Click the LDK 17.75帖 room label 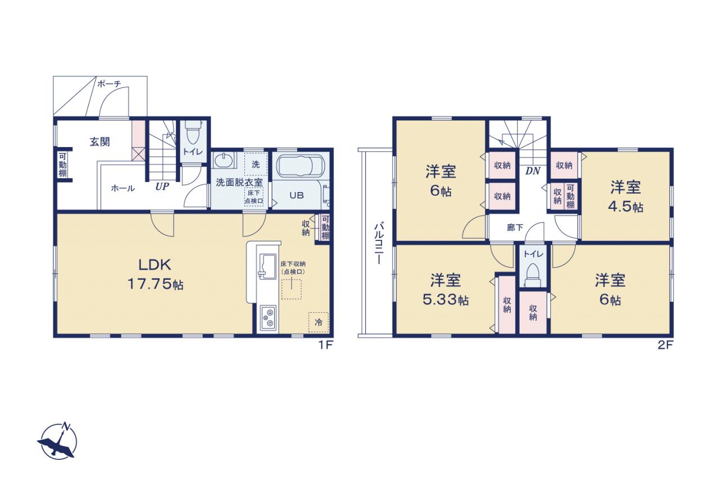(x=156, y=275)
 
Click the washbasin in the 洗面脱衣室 (x=222, y=160)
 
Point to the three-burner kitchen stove (x=269, y=318)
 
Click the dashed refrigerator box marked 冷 (x=318, y=322)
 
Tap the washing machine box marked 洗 (x=256, y=165)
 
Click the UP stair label (x=162, y=186)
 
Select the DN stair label (x=533, y=171)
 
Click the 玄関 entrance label (x=100, y=142)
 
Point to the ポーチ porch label (x=109, y=84)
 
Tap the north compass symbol (x=57, y=440)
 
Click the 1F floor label (x=326, y=345)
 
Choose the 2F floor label (x=665, y=345)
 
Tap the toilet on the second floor (x=533, y=275)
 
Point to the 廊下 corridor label (x=515, y=227)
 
